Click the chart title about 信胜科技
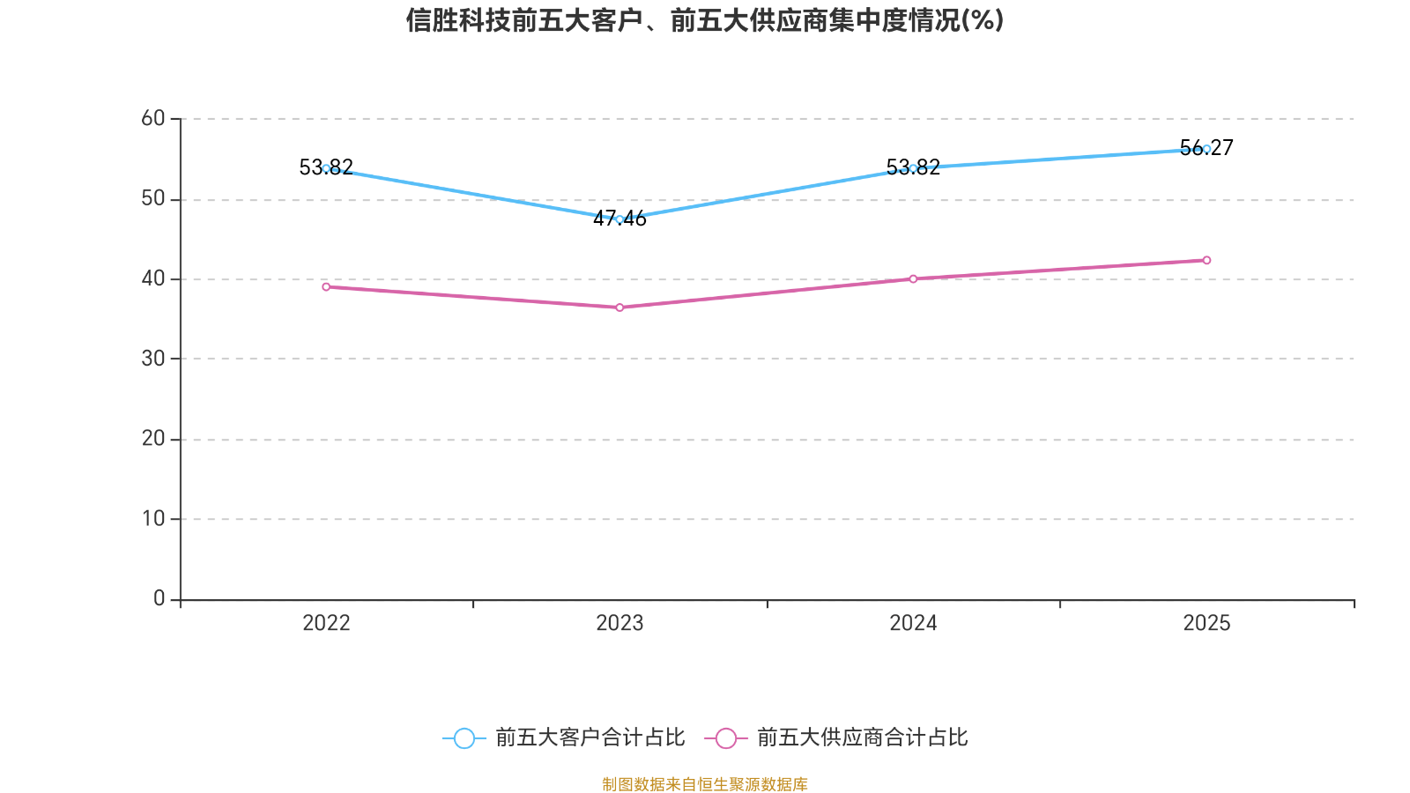(704, 20)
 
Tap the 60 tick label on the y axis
(153, 118)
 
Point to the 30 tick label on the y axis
(153, 359)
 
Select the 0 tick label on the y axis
(160, 598)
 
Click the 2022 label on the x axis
(326, 623)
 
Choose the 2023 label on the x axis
(620, 623)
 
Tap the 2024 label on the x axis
(913, 623)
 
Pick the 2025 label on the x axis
(1206, 623)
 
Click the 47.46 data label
(620, 219)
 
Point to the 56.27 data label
(1206, 148)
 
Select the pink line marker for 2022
(326, 287)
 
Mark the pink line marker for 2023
(620, 308)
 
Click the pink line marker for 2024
(913, 278)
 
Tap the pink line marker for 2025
(1206, 261)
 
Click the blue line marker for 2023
(620, 219)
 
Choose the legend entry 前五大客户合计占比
(564, 737)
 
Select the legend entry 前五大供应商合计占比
(836, 737)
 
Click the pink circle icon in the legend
(726, 738)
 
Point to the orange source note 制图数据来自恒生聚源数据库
(705, 784)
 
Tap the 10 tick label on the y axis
(153, 519)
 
